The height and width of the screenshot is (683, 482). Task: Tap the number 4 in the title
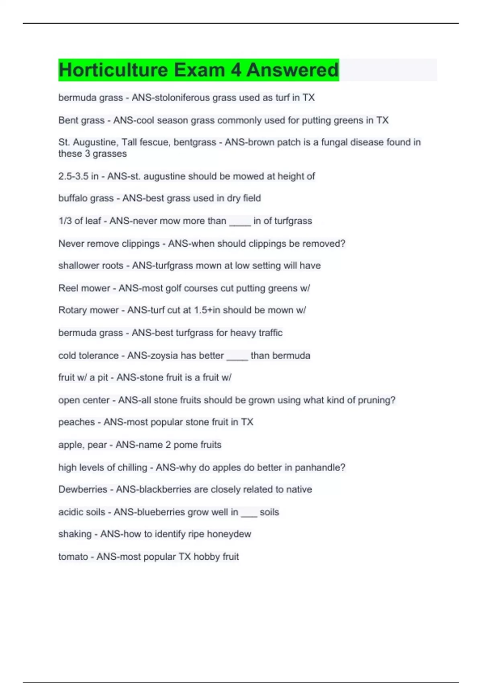coord(236,70)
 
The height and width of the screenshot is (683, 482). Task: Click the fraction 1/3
coord(65,221)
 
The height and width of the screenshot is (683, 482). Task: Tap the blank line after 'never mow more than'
coord(240,222)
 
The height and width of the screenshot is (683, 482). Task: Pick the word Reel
coord(68,288)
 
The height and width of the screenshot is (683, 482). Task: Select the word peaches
coord(77,422)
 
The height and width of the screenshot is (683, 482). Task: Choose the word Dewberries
coord(83,489)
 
